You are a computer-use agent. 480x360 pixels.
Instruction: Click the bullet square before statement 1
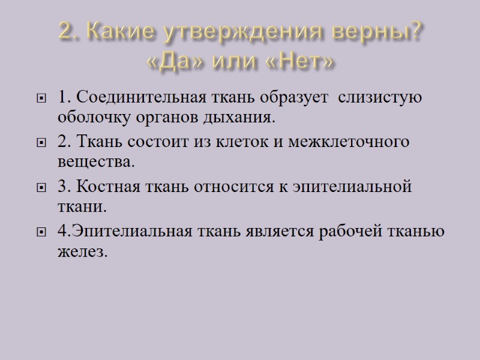tap(41, 98)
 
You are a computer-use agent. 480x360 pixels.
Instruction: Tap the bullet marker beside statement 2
tap(41, 143)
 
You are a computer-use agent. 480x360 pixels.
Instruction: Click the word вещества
tap(94, 162)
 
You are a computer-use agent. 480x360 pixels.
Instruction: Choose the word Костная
tap(108, 187)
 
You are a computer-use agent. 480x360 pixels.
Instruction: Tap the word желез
tap(82, 252)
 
